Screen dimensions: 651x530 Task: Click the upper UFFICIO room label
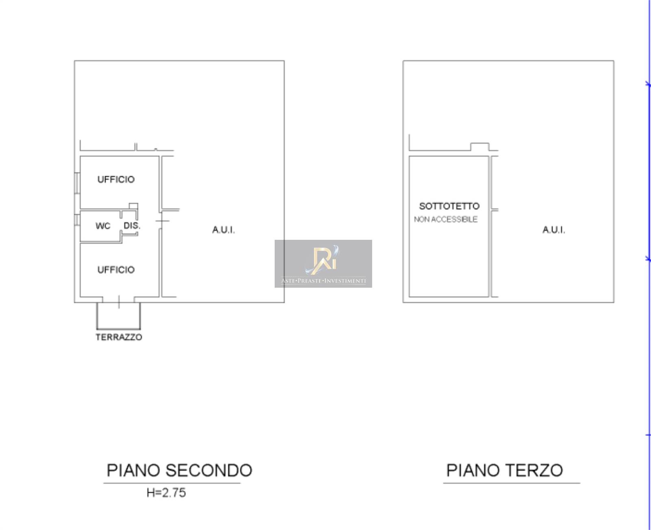click(116, 179)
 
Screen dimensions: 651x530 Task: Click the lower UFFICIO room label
click(116, 269)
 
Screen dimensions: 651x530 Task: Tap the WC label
click(103, 226)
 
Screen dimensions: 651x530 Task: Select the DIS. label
click(132, 226)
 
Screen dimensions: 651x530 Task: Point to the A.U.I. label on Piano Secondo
click(223, 230)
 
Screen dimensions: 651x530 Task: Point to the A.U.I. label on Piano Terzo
click(553, 230)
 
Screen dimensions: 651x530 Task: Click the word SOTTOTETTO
click(449, 206)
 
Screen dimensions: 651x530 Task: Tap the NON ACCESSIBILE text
click(446, 219)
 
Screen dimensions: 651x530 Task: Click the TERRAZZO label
click(119, 337)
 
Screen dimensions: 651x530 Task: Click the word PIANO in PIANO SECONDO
click(133, 470)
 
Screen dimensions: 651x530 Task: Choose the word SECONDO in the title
click(209, 470)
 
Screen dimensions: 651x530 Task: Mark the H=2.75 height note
click(166, 493)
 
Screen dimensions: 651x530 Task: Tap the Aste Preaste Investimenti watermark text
click(323, 280)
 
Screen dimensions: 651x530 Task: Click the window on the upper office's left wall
click(77, 183)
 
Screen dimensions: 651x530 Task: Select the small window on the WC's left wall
click(77, 220)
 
